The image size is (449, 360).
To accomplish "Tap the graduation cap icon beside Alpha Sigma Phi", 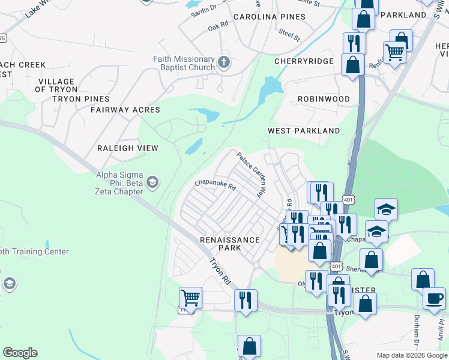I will (x=152, y=182).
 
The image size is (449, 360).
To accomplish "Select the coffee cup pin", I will (x=434, y=298).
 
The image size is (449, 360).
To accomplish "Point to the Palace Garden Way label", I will (x=251, y=175).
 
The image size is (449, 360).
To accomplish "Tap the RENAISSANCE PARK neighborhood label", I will (x=230, y=244).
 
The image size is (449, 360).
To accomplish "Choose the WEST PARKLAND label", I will (x=304, y=131).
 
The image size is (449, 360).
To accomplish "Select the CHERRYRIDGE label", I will (x=304, y=61).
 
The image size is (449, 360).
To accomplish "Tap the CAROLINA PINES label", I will (x=270, y=17).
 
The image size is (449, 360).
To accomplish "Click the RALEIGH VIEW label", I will (x=128, y=148).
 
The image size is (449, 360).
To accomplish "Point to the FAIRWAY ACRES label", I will (x=125, y=110).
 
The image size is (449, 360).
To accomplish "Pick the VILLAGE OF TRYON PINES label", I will (x=72, y=90).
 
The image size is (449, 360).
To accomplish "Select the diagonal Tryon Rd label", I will (x=220, y=271).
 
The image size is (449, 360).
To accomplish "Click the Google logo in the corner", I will (x=20, y=353).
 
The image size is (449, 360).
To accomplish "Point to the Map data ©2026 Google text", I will (x=411, y=355).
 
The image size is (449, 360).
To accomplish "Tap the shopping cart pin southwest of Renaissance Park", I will (x=190, y=298).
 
